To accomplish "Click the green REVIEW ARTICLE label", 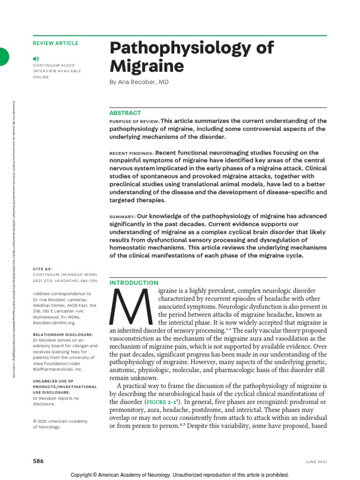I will (x=55, y=44).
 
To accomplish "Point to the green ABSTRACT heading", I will (x=125, y=113).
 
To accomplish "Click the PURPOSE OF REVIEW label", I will (x=134, y=121).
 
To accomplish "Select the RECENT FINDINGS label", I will (x=131, y=153).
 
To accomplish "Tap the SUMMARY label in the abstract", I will (x=122, y=217).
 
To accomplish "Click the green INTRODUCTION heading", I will (x=134, y=283).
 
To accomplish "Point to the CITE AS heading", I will (x=43, y=270).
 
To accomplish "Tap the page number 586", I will (x=38, y=461).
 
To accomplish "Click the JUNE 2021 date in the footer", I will (x=314, y=461).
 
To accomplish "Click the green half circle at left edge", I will (x=4, y=56).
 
